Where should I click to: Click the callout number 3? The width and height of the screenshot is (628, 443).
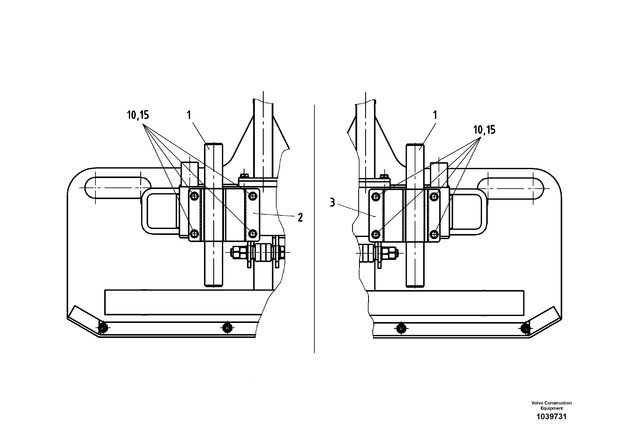coord(332,203)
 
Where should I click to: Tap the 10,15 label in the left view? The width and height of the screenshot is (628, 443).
coord(138,115)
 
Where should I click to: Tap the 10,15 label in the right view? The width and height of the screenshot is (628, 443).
coord(484,130)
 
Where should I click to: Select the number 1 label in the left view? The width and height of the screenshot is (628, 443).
coord(189,115)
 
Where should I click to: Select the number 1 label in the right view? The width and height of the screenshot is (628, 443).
coord(435,115)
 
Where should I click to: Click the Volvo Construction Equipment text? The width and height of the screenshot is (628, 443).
coord(551,405)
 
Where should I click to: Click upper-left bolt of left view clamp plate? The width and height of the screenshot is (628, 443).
coord(194,195)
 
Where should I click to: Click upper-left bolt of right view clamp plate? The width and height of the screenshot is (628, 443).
coord(376,196)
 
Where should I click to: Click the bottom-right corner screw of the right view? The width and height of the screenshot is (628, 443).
coord(525,328)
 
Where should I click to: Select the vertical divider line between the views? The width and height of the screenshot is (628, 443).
coord(314,229)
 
